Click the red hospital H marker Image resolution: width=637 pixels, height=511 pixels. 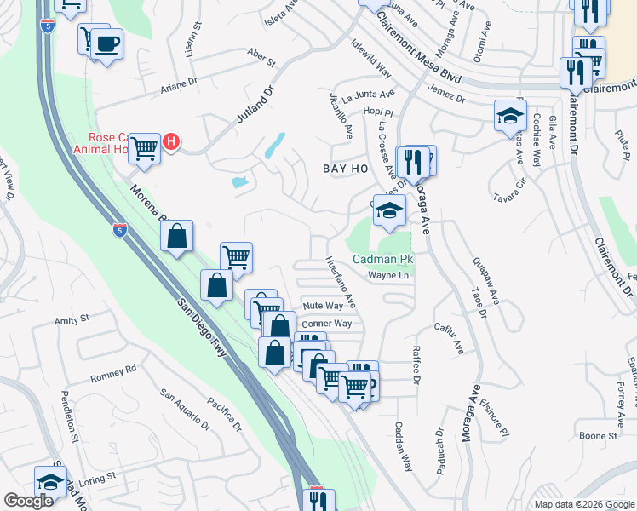171,141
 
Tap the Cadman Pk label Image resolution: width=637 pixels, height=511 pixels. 383,259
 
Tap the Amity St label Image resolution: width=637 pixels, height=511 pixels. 72,320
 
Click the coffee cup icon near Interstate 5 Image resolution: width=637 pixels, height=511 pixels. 106,43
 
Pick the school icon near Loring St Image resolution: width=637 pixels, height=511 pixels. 51,481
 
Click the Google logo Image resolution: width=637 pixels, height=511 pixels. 28,501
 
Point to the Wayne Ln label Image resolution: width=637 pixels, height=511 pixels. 388,275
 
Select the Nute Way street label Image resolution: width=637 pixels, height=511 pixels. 323,306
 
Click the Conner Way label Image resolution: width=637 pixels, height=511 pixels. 326,324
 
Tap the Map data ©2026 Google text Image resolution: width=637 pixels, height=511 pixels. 583,504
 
